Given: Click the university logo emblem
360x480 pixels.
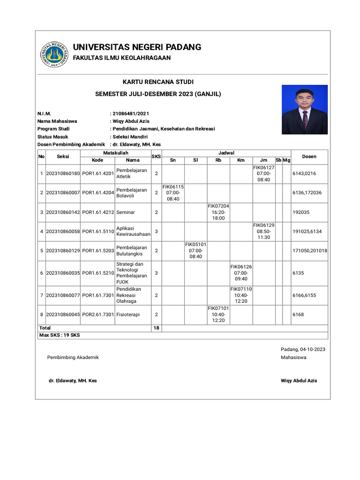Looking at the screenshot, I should coord(53,54).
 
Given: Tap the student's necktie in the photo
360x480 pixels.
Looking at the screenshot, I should coord(305,119).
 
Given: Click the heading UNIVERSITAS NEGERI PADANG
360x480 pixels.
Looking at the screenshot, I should coord(137,47).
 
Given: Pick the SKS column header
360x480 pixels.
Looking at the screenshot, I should coord(156,157).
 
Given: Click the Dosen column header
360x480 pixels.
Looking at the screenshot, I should coord(309,157).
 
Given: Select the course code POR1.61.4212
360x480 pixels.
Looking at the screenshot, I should coord(98,212).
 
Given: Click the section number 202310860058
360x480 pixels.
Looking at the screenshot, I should coord(63,231).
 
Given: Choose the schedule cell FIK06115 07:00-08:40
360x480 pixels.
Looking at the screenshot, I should coord(173,193).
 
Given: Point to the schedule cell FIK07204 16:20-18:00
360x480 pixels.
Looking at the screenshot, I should coord(218,212).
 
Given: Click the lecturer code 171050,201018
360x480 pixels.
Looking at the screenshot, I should coord(310,251).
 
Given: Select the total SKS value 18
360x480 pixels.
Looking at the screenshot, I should coord(156,328).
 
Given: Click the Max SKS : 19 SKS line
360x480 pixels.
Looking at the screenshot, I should coord(60,335).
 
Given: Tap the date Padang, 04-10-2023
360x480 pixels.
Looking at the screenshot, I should coord(303,349).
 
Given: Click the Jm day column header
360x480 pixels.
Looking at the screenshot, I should coord(263,160).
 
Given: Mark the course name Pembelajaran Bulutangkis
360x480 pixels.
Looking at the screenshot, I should coord(132,251).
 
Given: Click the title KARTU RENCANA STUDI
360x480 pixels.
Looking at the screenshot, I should coord(158,82).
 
